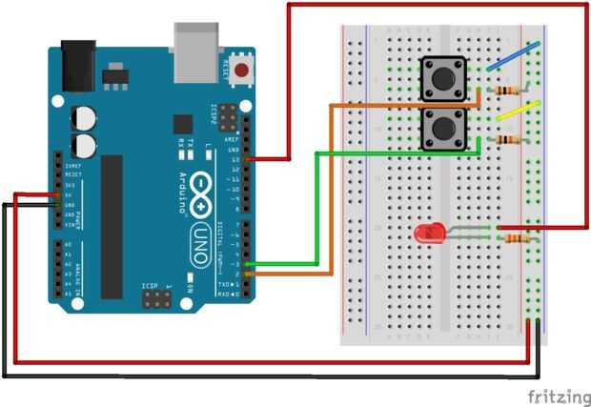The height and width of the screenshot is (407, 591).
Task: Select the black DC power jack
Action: [x=75, y=64]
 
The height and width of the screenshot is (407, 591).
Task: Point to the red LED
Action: [x=428, y=232]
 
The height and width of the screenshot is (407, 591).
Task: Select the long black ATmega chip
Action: [x=112, y=225]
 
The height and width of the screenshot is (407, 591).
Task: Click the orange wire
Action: [x=330, y=191]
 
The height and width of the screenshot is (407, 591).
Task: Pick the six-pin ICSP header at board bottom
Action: [x=157, y=298]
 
